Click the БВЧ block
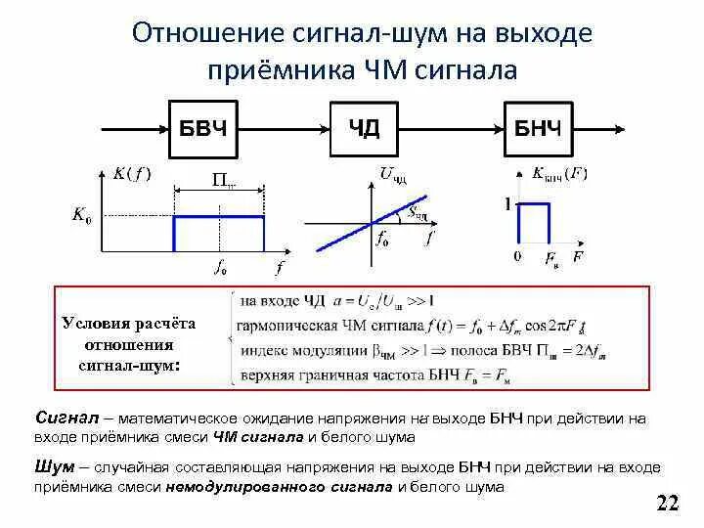click(x=204, y=128)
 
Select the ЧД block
click(x=364, y=128)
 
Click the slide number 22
click(x=668, y=504)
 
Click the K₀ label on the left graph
click(x=82, y=216)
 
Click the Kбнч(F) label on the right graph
click(x=559, y=174)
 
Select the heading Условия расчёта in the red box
click(x=128, y=323)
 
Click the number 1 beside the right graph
click(x=507, y=205)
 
